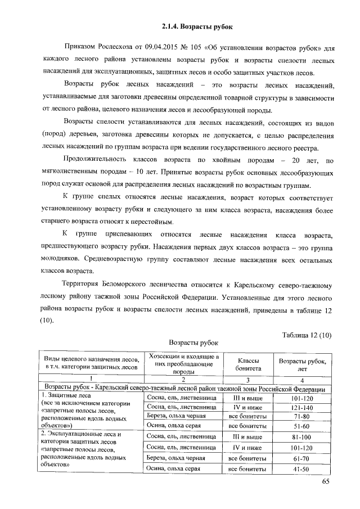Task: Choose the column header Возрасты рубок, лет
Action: pos(303,364)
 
